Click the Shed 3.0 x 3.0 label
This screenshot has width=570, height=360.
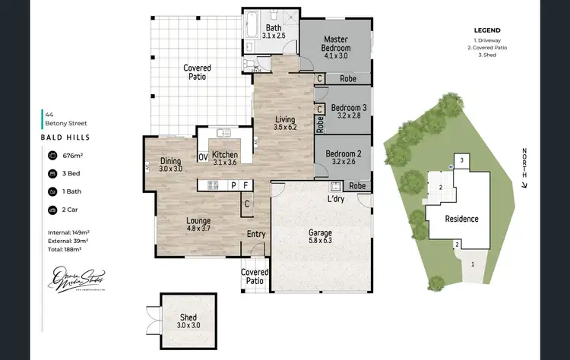(188, 321)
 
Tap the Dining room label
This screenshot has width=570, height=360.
(171, 165)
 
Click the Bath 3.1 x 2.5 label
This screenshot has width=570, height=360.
(273, 31)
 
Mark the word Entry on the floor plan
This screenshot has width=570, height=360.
(256, 234)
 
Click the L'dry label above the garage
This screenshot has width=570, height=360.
(337, 198)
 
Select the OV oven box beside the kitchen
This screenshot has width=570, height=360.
(203, 157)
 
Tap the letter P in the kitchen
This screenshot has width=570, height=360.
(234, 185)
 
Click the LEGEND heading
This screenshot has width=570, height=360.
(486, 31)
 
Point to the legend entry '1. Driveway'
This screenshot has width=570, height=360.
(486, 39)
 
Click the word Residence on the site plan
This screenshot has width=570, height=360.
(461, 219)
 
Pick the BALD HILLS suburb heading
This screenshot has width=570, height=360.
(66, 137)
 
